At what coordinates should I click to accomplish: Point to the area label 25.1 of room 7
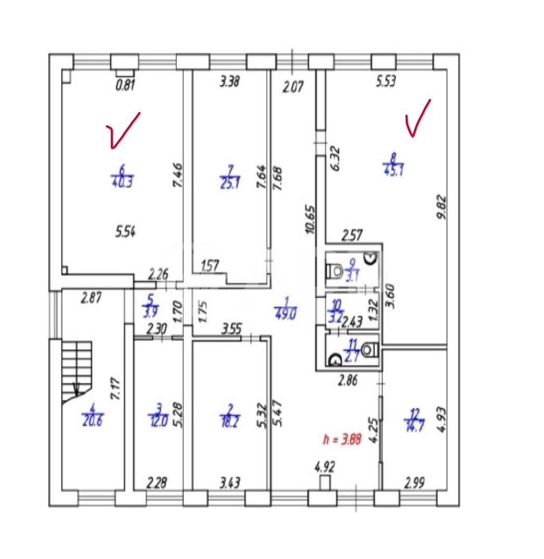[229, 183]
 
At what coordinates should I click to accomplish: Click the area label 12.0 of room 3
[158, 421]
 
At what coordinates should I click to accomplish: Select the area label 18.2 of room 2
[229, 421]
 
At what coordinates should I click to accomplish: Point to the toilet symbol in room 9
[335, 271]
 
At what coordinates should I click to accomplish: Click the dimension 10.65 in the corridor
[311, 221]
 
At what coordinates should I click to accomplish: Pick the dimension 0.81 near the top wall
[126, 85]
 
